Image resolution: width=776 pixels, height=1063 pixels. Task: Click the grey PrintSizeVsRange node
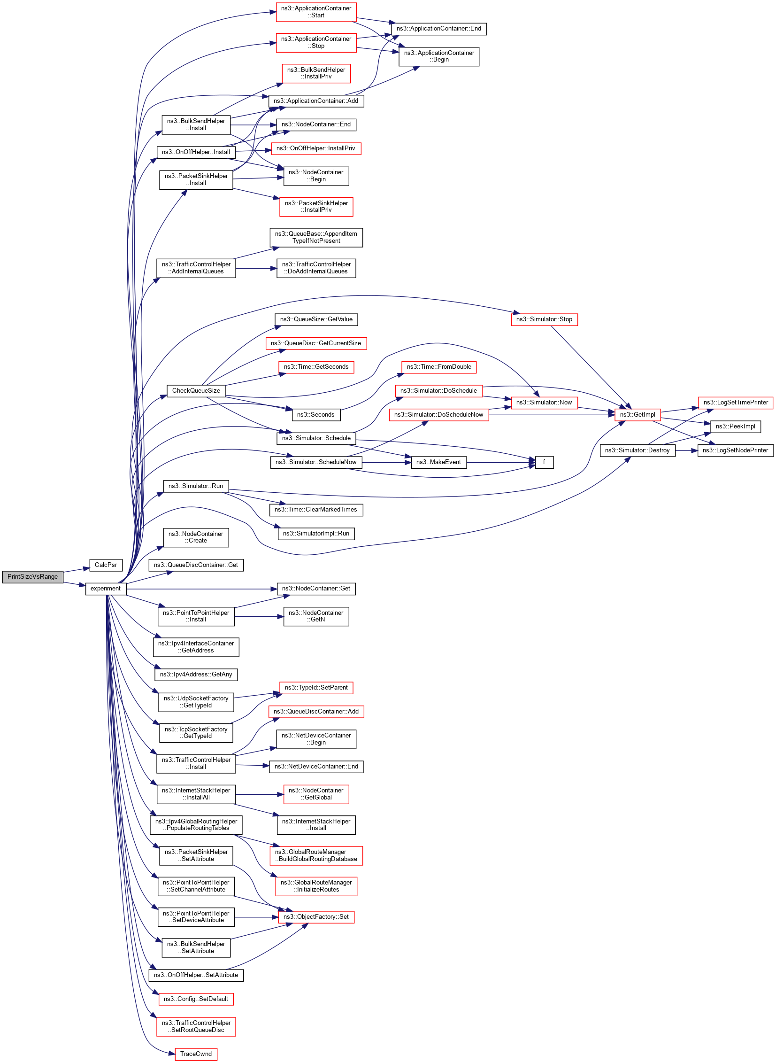[x=32, y=577]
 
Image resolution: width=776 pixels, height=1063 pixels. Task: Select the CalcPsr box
[x=106, y=565]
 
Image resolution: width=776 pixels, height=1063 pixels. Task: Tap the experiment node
[x=106, y=589]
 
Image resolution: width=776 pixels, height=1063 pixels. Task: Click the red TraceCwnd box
[x=195, y=1054]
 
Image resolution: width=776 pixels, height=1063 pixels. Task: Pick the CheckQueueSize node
[x=196, y=390]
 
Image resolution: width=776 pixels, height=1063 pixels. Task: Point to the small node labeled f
[x=544, y=462]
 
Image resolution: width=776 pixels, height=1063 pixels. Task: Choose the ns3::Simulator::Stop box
[x=544, y=319]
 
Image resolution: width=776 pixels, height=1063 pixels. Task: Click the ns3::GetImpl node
[x=638, y=414]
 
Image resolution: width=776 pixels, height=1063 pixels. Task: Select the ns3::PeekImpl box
[x=735, y=426]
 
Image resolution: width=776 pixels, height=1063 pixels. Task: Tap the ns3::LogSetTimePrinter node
[x=735, y=403]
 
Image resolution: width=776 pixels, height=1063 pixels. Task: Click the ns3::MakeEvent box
[x=438, y=462]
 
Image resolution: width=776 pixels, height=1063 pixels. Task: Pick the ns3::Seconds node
[x=315, y=414]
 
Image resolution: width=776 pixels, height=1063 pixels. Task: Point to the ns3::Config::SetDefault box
[x=196, y=999]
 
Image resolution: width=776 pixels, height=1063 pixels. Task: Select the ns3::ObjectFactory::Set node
[x=316, y=916]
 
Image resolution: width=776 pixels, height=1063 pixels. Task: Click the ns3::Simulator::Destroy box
[x=637, y=450]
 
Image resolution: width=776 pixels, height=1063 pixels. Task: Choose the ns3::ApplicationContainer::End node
[x=439, y=29]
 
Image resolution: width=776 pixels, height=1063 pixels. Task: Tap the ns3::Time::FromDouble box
[x=439, y=367]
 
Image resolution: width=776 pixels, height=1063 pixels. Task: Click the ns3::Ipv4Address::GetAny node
[x=196, y=675]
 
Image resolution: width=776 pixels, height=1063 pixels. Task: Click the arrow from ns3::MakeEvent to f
[x=501, y=462]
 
